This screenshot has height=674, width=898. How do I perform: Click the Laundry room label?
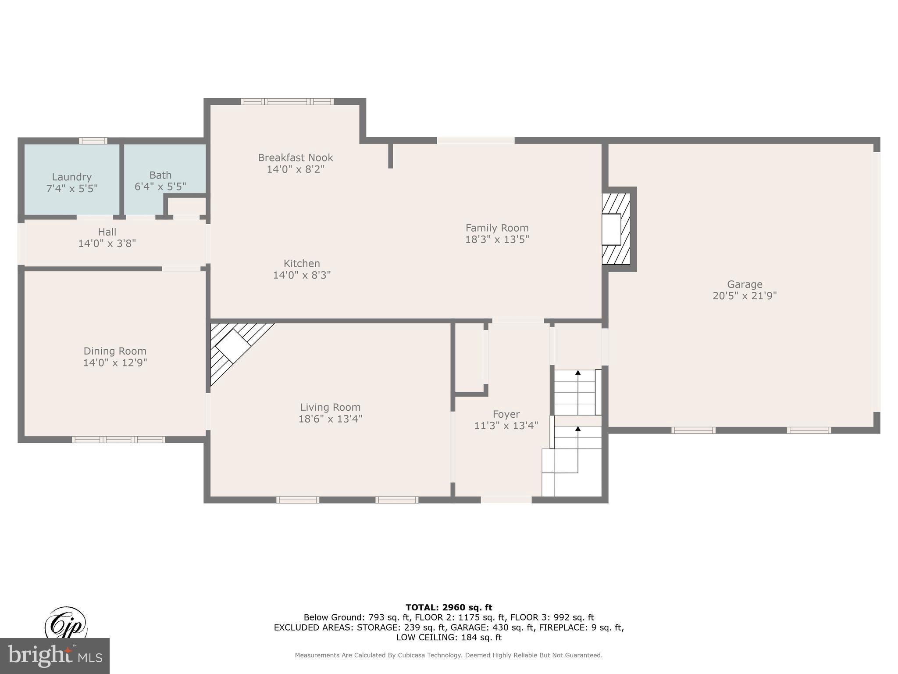(71, 177)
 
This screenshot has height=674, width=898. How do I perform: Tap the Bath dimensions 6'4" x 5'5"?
(160, 186)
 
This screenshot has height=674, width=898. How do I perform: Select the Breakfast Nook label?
(295, 158)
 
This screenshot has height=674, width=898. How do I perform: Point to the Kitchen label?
(302, 263)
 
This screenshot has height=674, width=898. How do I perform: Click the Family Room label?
(497, 228)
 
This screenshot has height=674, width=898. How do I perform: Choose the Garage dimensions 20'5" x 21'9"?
(744, 296)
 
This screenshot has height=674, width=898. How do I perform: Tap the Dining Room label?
(115, 351)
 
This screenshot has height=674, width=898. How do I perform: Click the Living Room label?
(330, 407)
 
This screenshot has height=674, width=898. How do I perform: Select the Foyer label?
(506, 414)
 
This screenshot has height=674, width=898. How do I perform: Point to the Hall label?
(107, 232)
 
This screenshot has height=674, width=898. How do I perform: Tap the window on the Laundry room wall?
(93, 141)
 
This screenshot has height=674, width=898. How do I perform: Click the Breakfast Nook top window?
(287, 102)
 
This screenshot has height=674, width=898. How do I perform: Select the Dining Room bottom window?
(118, 439)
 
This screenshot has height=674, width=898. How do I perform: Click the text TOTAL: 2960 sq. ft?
(449, 607)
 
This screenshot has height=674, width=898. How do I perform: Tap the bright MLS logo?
(55, 656)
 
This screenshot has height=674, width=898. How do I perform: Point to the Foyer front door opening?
(506, 499)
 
